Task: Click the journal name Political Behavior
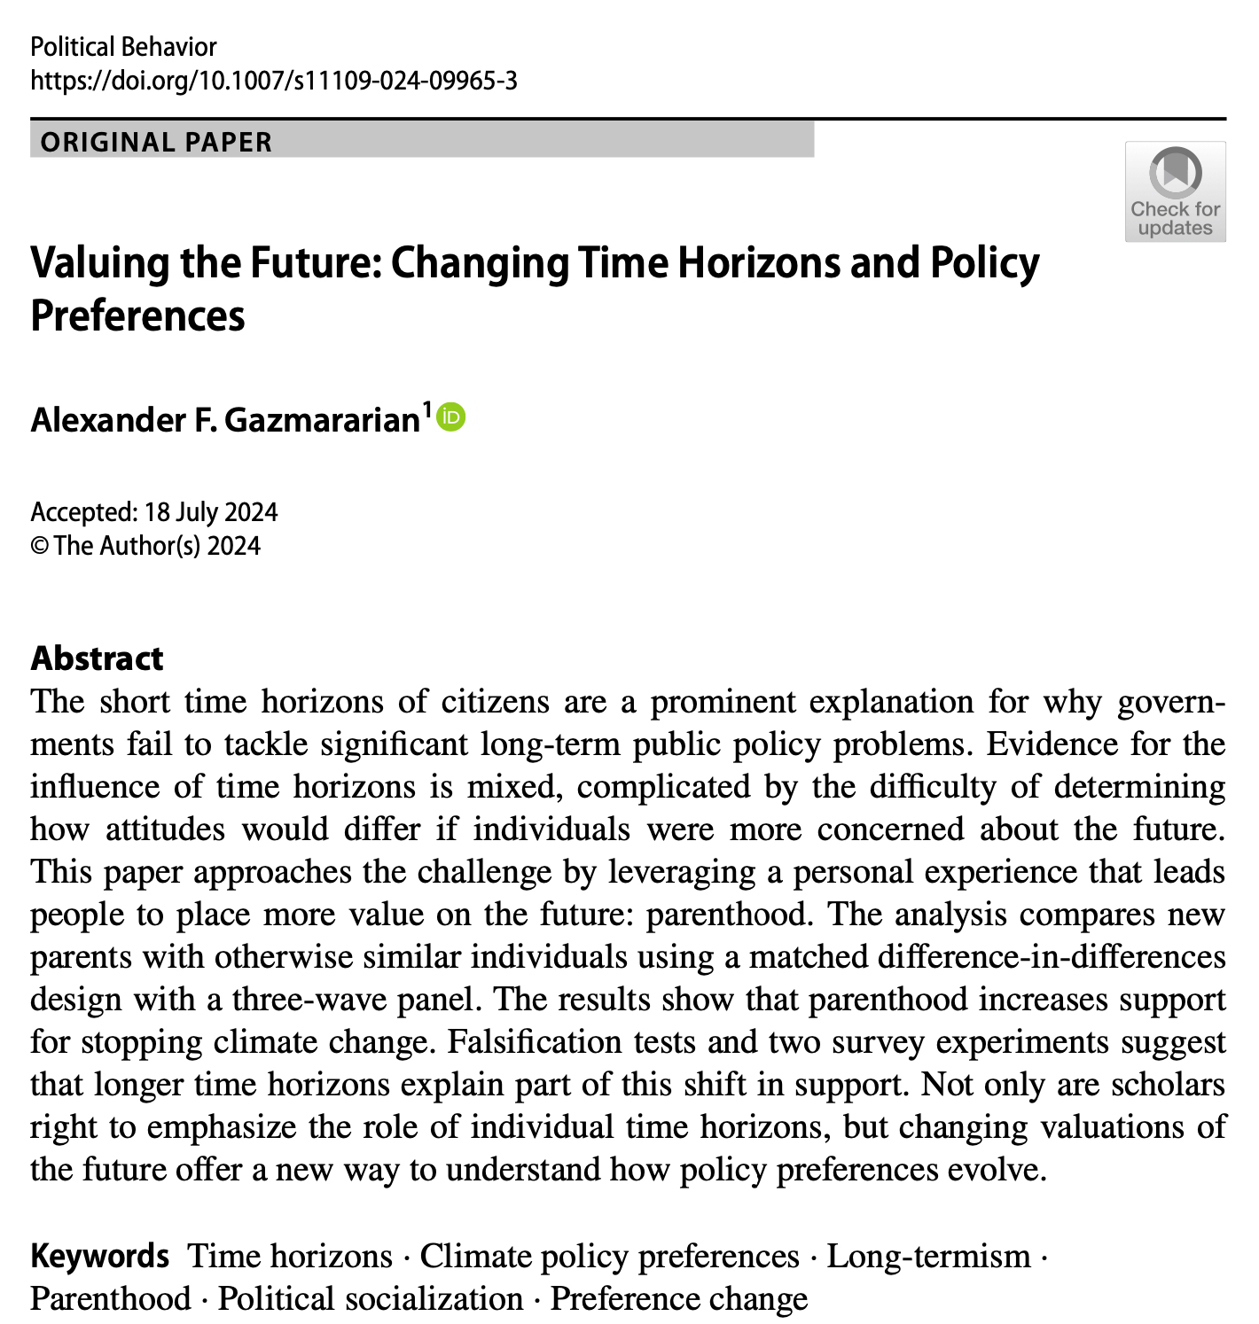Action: (123, 47)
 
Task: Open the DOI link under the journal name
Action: (273, 82)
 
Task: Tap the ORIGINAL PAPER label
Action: (157, 142)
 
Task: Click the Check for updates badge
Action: (1175, 191)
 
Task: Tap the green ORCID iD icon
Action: (451, 416)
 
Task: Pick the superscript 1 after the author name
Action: (426, 409)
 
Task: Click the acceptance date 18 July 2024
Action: (211, 512)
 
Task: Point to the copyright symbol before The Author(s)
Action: (39, 546)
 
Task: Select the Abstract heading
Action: (97, 658)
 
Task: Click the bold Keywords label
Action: (99, 1257)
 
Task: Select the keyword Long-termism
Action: (928, 1257)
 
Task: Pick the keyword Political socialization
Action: (370, 1299)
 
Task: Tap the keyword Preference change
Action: (678, 1299)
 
